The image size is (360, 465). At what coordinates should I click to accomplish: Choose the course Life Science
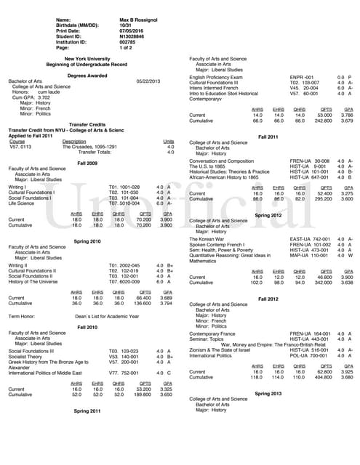[x=23, y=203]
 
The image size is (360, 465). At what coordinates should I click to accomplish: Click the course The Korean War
[x=209, y=238]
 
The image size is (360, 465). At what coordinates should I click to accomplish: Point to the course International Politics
[x=214, y=357]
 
